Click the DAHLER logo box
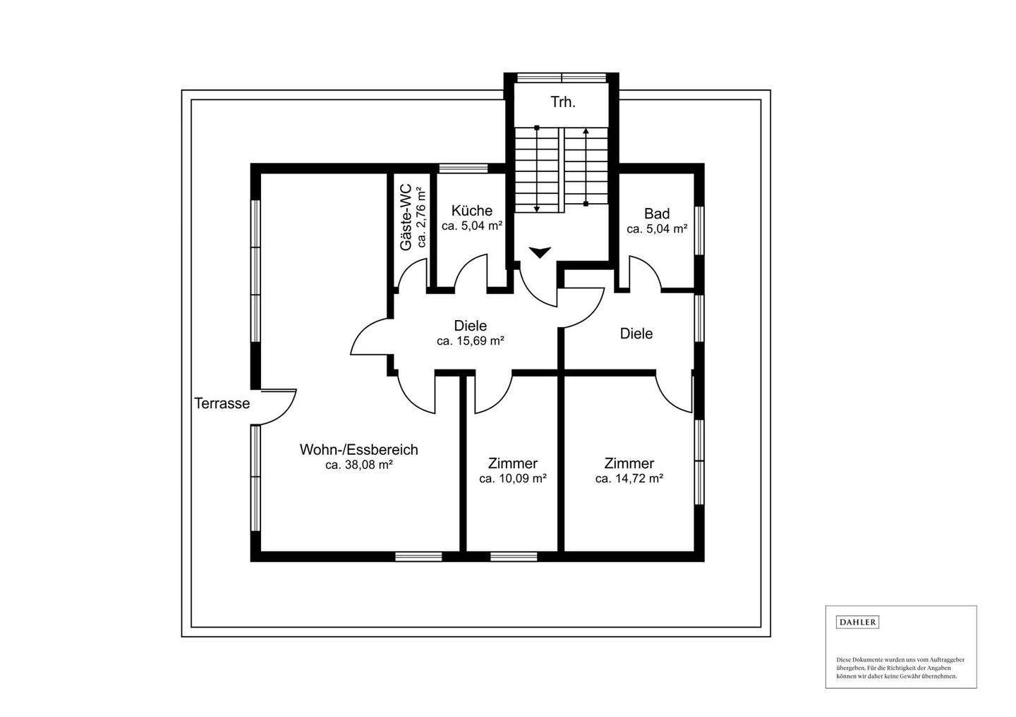(x=857, y=623)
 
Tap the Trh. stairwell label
(x=563, y=102)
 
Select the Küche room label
(x=472, y=211)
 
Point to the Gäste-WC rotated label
(x=406, y=217)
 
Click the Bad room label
(x=657, y=214)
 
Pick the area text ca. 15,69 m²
(x=471, y=341)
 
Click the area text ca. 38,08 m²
(x=358, y=465)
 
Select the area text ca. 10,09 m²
(x=512, y=479)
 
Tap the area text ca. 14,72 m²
(x=629, y=479)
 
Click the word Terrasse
(x=222, y=403)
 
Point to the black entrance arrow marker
(x=540, y=252)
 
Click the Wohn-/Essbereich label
(x=358, y=450)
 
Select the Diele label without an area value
(x=636, y=334)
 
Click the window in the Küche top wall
(x=463, y=168)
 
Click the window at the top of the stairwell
(x=562, y=78)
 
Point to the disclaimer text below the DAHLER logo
(x=900, y=681)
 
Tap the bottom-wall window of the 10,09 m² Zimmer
(x=514, y=556)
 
